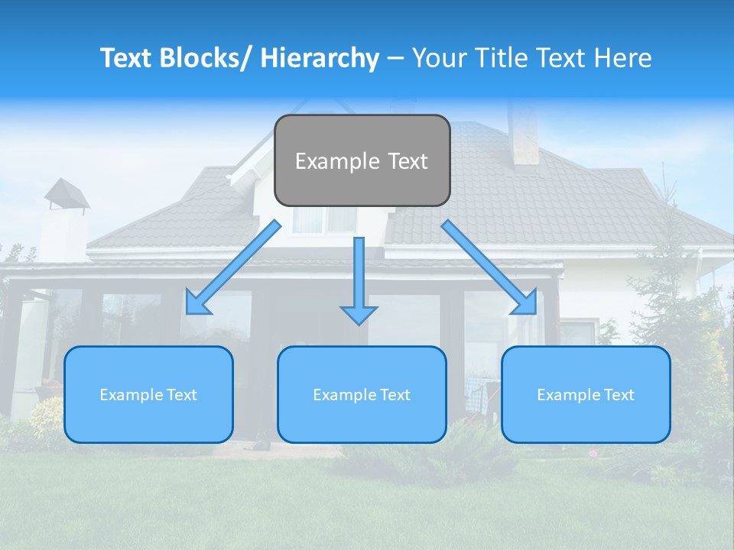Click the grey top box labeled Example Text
click(362, 160)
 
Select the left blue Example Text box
click(148, 394)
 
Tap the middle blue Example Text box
click(362, 394)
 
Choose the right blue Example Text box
click(586, 394)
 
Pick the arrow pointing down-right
click(489, 267)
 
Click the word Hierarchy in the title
click(320, 58)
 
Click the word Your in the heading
click(438, 58)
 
